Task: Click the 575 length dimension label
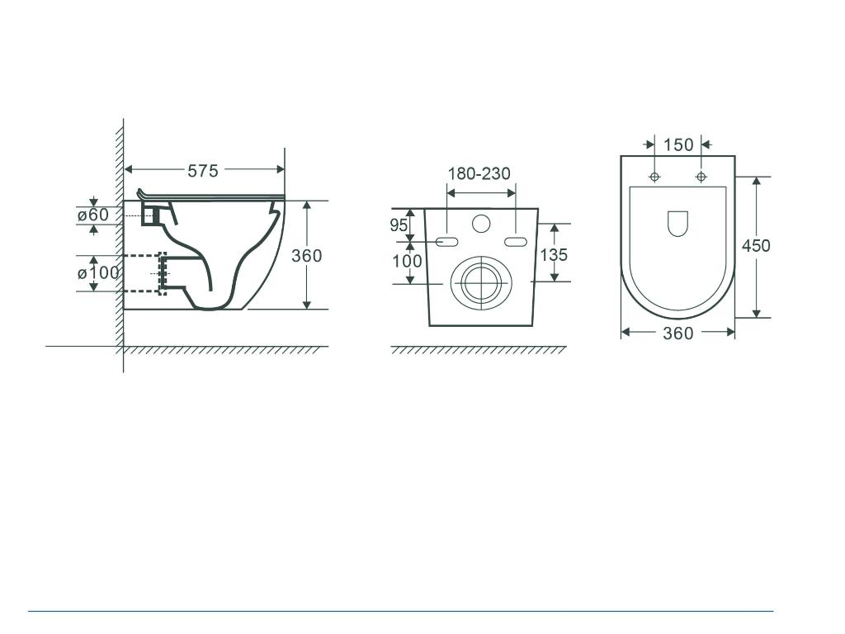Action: click(x=203, y=171)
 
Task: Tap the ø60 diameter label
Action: click(x=93, y=215)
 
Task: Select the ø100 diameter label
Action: click(x=98, y=272)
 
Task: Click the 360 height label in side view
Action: click(x=306, y=256)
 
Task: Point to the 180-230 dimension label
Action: click(x=479, y=173)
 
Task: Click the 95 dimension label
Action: click(x=399, y=225)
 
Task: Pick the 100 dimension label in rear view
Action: click(x=406, y=262)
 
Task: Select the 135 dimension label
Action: click(x=554, y=255)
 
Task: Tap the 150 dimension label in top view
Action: click(x=678, y=145)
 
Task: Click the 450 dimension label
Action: click(x=756, y=246)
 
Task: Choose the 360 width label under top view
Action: click(x=677, y=333)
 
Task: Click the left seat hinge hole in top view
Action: click(x=654, y=177)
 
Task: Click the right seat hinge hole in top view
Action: click(x=701, y=177)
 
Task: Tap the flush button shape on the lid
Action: click(x=677, y=223)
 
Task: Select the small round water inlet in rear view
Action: click(x=481, y=223)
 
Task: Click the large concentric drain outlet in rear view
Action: click(x=481, y=282)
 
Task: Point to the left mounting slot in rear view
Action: click(x=446, y=241)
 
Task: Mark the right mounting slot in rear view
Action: click(x=515, y=241)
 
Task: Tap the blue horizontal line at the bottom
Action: click(x=401, y=612)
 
